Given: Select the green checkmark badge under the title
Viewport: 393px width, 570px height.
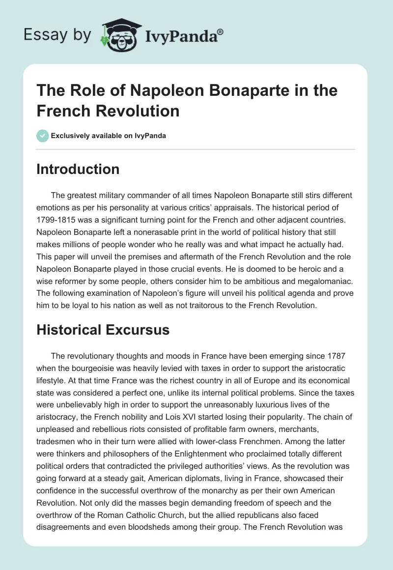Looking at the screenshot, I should pos(43,136).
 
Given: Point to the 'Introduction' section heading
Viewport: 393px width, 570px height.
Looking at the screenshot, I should pos(78,169).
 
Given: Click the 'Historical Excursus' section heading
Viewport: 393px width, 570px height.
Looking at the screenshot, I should pos(103,330).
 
